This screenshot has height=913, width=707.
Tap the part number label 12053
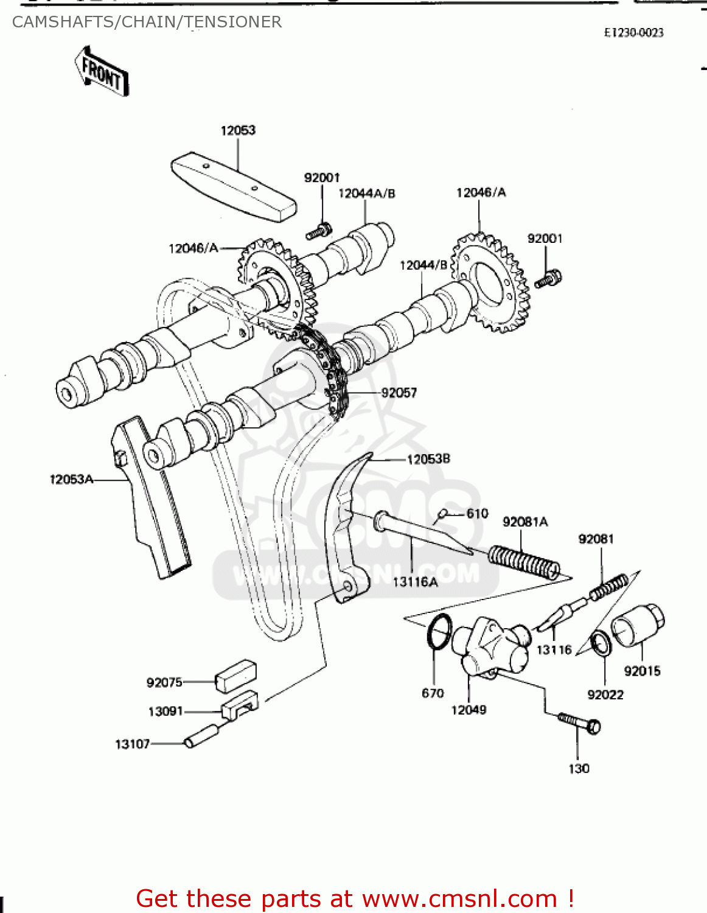pyautogui.click(x=238, y=130)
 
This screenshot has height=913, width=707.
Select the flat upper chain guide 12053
pyautogui.click(x=234, y=186)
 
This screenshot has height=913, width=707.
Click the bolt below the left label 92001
pyautogui.click(x=318, y=231)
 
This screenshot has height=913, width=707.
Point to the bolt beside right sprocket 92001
pyautogui.click(x=548, y=279)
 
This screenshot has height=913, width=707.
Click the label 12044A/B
pyautogui.click(x=366, y=194)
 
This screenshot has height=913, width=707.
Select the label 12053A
pyautogui.click(x=71, y=480)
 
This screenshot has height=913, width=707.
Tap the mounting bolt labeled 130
pyautogui.click(x=579, y=724)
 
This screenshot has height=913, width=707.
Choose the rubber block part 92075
pyautogui.click(x=235, y=676)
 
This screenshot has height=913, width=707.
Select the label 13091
pyautogui.click(x=165, y=712)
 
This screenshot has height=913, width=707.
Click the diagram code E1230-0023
pyautogui.click(x=633, y=33)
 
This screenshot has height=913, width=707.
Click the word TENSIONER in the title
pyautogui.click(x=233, y=22)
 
